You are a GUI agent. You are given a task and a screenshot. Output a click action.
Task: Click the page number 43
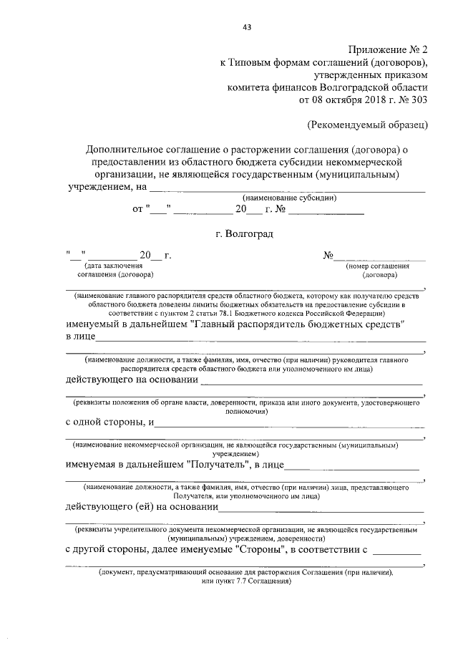pyautogui.click(x=247, y=28)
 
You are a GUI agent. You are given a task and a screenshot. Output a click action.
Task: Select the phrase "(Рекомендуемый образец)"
pyautogui.click(x=367, y=125)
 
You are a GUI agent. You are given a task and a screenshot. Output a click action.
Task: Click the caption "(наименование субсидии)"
pyautogui.click(x=290, y=198)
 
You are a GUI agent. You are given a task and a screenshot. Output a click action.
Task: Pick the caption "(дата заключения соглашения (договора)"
pyautogui.click(x=115, y=270)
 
